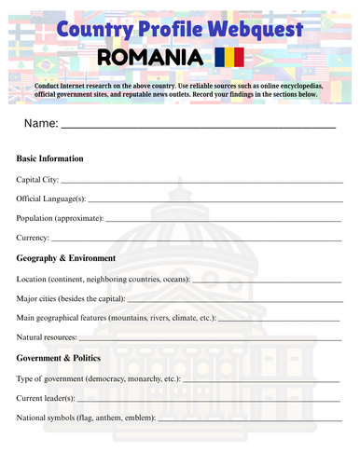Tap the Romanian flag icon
click(x=229, y=58)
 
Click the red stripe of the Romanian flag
click(x=239, y=58)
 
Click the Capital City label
click(x=37, y=179)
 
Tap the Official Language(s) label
click(x=51, y=199)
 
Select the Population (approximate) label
click(x=60, y=218)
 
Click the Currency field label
click(x=33, y=238)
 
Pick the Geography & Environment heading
click(x=66, y=258)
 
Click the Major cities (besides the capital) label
click(x=71, y=298)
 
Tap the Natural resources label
click(x=48, y=337)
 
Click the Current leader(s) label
click(x=46, y=398)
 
